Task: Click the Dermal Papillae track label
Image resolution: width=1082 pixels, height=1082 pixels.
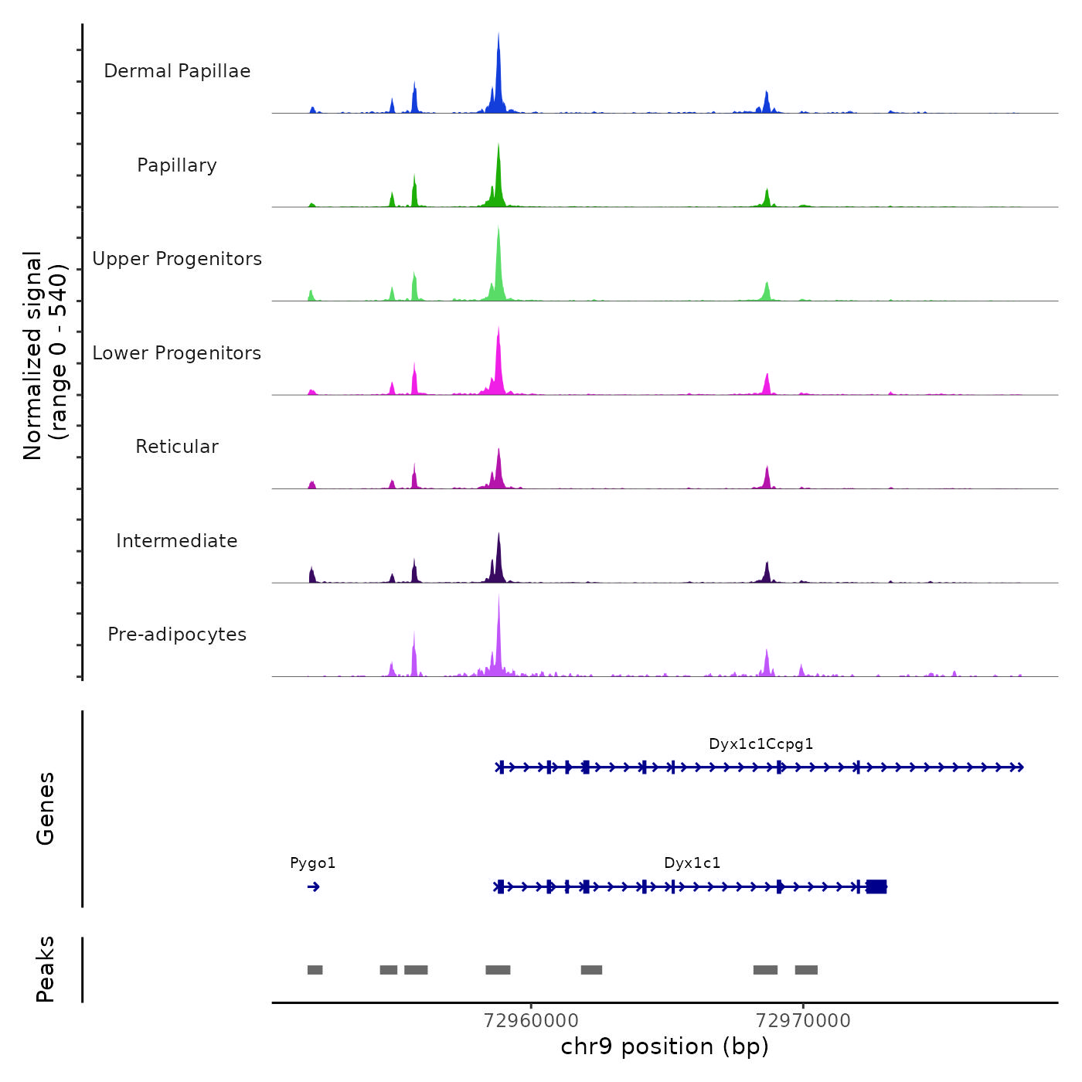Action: (177, 71)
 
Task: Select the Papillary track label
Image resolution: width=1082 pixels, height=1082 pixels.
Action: (177, 165)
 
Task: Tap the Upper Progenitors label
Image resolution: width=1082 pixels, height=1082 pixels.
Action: (177, 259)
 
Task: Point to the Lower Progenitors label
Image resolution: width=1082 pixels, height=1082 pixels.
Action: (177, 353)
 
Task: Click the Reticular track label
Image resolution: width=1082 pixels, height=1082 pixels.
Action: (177, 447)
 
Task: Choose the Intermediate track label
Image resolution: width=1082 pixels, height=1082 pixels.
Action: (177, 541)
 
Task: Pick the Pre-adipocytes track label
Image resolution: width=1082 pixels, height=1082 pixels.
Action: (177, 635)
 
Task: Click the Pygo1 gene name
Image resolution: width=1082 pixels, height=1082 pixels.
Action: (313, 863)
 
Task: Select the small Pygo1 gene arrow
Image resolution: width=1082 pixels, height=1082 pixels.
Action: (313, 886)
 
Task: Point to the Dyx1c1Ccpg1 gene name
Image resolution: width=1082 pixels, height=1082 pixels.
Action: (761, 744)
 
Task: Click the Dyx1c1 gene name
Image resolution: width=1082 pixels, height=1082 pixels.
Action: (692, 863)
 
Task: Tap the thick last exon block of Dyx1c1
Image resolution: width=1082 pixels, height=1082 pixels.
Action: (876, 886)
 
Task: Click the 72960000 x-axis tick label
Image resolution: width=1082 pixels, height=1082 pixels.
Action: (531, 1020)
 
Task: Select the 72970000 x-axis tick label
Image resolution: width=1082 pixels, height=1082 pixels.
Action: (803, 1020)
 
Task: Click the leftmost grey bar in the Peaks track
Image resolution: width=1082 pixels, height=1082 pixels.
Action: (315, 970)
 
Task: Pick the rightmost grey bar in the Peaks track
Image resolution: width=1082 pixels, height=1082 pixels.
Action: (806, 970)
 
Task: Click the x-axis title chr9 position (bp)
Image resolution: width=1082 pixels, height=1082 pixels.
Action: (665, 1046)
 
